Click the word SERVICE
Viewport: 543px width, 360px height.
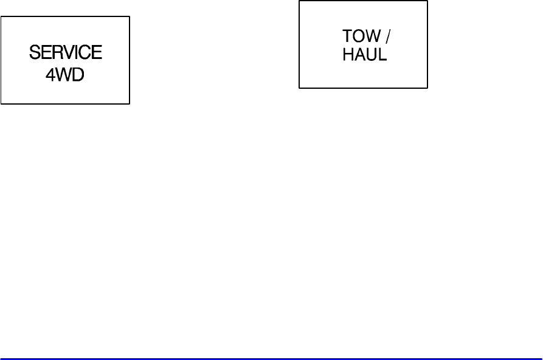point(65,53)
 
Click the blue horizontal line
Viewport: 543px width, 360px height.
point(271,358)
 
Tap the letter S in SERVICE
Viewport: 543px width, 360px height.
point(34,53)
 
